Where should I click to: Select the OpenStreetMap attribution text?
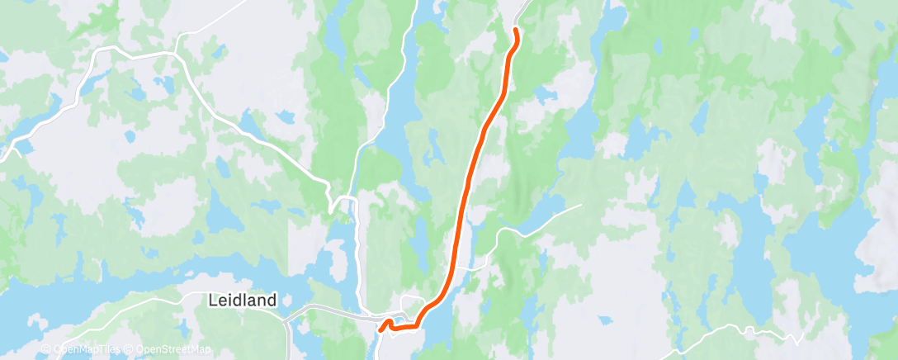tap(173, 350)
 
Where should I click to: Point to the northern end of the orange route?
tap(516, 30)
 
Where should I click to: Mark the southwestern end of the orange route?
tap(380, 330)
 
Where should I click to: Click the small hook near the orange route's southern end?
tap(387, 321)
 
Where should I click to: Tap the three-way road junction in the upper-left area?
tap(176, 54)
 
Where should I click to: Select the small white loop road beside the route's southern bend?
tap(410, 301)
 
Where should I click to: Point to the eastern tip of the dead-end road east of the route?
tap(580, 206)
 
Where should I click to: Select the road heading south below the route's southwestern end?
tap(377, 347)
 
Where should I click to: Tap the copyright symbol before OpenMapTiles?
tap(46, 350)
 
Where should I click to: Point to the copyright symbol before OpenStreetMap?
tap(129, 350)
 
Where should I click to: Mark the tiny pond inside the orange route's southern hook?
tap(390, 325)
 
